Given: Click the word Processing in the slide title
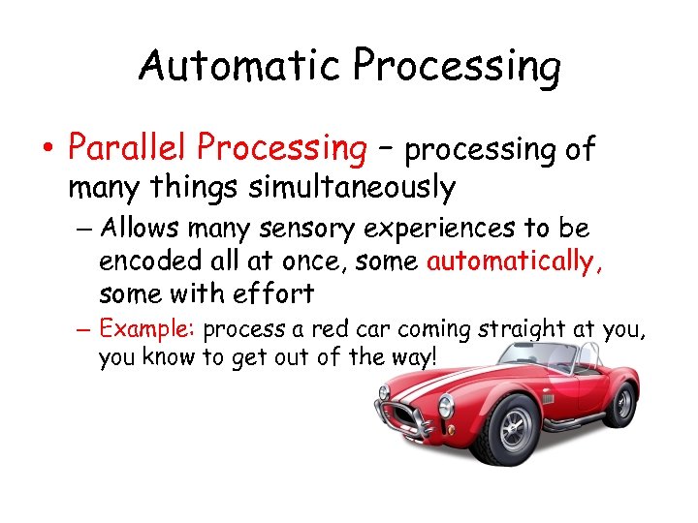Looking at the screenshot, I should [457, 67].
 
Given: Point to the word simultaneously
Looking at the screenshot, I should [352, 187].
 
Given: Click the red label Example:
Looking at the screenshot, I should [149, 329].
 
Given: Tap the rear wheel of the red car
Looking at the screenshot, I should [623, 402].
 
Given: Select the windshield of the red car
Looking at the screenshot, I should [538, 358].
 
